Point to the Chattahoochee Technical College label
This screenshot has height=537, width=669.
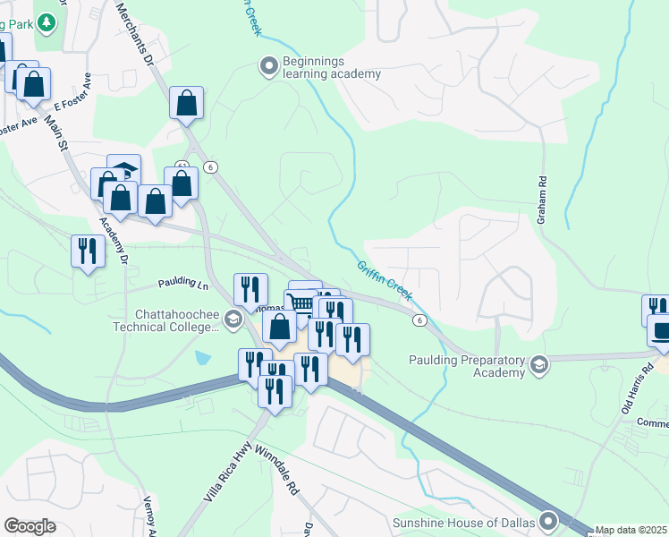click(176, 320)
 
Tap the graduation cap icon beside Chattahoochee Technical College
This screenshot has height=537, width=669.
click(233, 320)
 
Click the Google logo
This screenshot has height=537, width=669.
click(30, 526)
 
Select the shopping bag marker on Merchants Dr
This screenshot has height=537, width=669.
click(186, 103)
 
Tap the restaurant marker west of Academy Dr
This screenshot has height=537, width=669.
click(87, 250)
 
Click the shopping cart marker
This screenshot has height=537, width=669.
click(301, 303)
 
